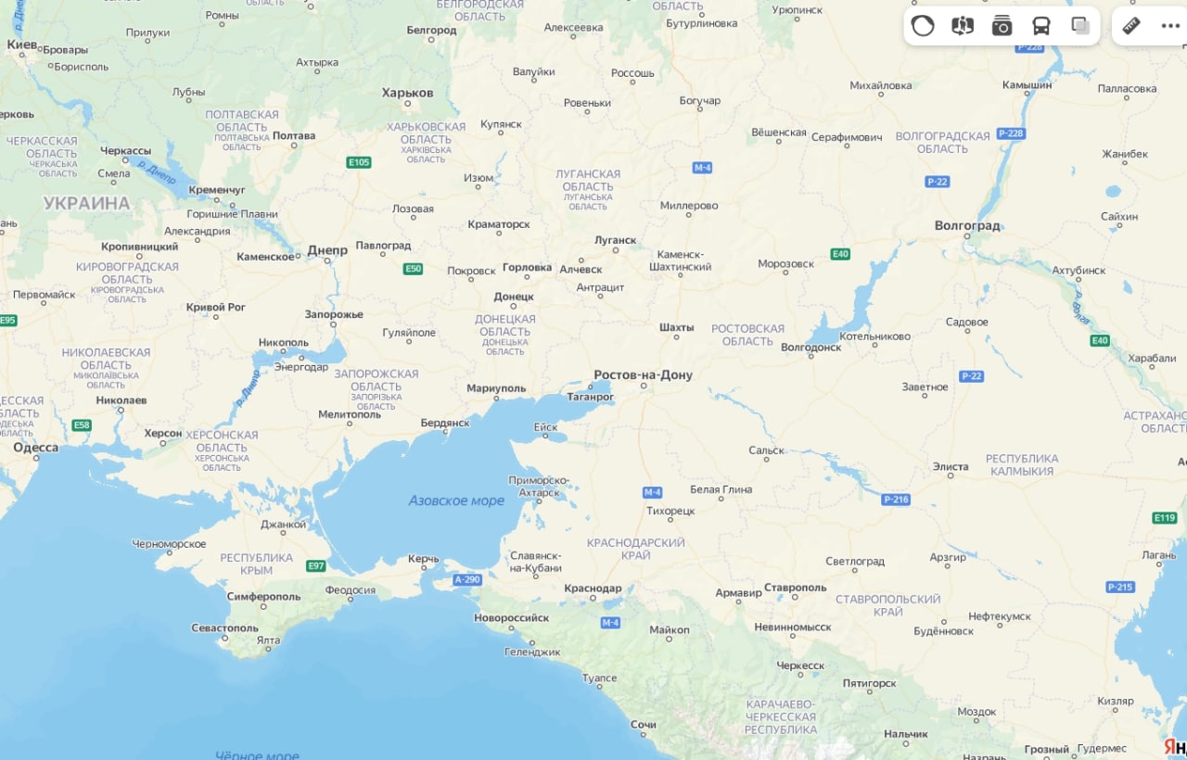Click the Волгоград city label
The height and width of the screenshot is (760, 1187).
coord(967,225)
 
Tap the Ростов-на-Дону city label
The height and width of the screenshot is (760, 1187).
coord(643,375)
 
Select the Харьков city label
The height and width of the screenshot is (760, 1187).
coord(407,93)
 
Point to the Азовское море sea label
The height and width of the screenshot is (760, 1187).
coord(456,500)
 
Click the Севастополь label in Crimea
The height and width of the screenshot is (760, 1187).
coord(224,627)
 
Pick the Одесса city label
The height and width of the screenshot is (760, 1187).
coord(35,448)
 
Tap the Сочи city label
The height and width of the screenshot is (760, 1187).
coord(643,724)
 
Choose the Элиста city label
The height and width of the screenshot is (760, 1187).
coord(951,466)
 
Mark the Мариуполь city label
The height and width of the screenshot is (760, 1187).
coord(496,388)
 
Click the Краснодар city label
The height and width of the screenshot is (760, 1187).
coord(593,588)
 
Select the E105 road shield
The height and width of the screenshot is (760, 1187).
coord(359,162)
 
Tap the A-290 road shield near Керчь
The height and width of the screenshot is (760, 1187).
coord(467,579)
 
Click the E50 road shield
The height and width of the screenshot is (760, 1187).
coord(414,269)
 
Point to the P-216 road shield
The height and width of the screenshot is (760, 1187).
coord(896,500)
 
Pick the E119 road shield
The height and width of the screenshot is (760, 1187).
coord(1164,517)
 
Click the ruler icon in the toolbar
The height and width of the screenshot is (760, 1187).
coord(1130,26)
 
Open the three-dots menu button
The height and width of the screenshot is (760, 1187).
coord(1170,26)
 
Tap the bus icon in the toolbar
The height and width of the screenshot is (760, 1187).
coord(1041,26)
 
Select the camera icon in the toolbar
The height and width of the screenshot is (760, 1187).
coord(1002,26)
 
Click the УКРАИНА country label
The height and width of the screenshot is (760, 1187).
coord(86,203)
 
